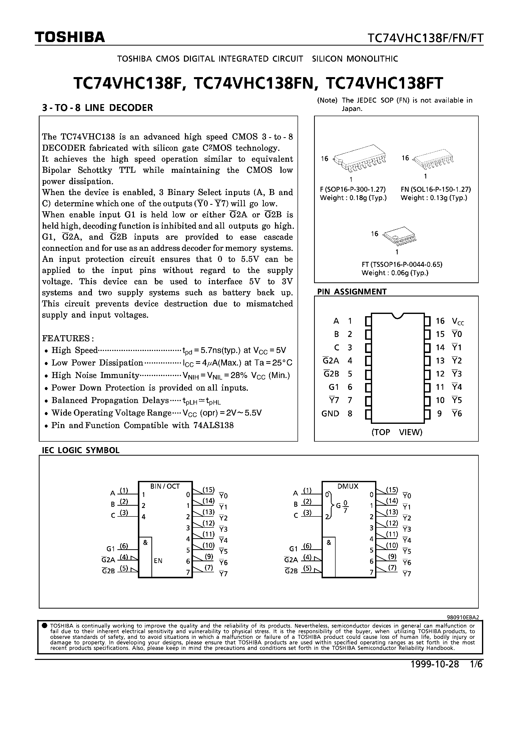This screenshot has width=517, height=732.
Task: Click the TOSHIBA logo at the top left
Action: pos(70,38)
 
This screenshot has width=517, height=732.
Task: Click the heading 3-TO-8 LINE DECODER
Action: pos(98,108)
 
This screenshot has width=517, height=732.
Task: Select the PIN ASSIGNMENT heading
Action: pos(352,291)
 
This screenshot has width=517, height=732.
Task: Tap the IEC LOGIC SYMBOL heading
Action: pos(81,450)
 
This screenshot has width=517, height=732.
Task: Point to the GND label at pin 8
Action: pos(330,414)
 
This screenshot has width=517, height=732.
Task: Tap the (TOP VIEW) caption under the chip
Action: pos(397,432)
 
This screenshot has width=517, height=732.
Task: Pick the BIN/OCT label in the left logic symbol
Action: pos(165,486)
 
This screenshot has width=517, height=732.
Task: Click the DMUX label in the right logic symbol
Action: pos(348,486)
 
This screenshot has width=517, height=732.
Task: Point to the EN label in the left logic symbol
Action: pos(158,561)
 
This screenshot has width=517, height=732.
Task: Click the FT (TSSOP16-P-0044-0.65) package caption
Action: pos(402,264)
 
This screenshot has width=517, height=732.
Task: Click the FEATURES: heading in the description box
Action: pos(68,338)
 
